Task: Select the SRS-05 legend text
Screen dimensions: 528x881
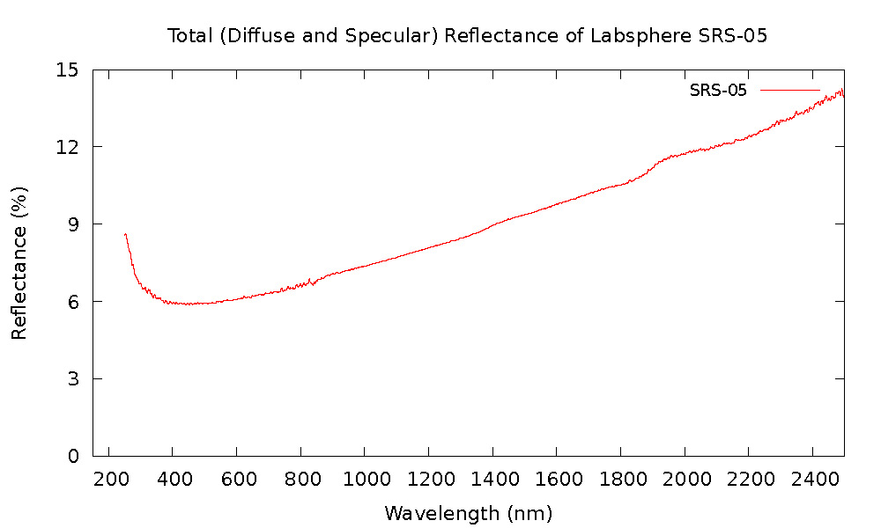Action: tap(718, 91)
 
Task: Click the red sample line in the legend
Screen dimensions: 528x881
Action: tap(789, 90)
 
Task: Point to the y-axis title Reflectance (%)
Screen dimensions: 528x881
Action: tap(19, 262)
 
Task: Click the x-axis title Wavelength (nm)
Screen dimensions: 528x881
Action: tap(468, 512)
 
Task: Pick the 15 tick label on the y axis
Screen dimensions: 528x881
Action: tap(67, 70)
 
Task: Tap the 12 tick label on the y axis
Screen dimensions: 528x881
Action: tap(67, 147)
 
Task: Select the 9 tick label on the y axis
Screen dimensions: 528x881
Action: tap(73, 224)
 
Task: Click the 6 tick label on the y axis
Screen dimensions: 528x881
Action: tap(73, 302)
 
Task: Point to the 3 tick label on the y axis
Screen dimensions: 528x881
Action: tap(73, 379)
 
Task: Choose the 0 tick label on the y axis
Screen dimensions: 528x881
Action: tap(73, 456)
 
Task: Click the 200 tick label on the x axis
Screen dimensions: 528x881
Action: tap(108, 480)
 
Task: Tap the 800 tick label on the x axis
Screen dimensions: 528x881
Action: tap(300, 480)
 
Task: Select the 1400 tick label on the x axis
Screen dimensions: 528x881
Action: tap(492, 480)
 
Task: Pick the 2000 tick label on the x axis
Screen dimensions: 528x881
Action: tap(685, 480)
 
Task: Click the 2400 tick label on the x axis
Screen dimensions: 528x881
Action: tap(812, 480)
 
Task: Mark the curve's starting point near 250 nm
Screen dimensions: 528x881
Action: tap(125, 234)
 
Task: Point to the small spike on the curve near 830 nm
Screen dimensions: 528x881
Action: tap(309, 280)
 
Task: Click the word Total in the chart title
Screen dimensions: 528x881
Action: tap(187, 36)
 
